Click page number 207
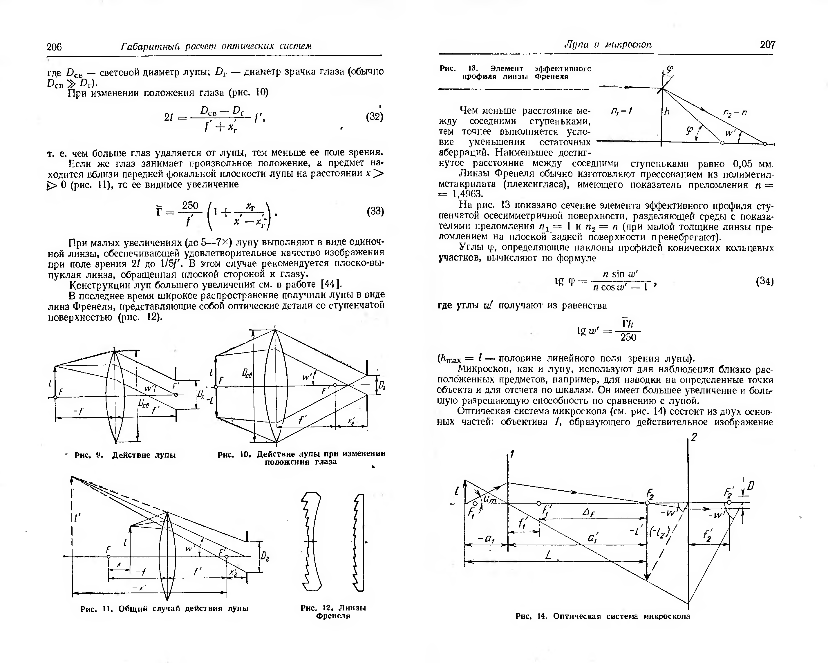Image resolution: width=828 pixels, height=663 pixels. pos(767,45)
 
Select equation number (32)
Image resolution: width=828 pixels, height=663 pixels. pos(375,116)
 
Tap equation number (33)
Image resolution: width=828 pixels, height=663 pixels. pos(375,211)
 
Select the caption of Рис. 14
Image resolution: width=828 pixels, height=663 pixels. pos(603,616)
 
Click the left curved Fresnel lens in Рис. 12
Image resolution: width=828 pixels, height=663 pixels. pos(312,542)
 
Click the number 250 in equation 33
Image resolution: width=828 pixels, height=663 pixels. pos(190,205)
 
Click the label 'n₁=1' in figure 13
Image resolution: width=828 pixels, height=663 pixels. pos(622,111)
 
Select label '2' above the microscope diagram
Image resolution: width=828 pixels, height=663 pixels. pos(694,438)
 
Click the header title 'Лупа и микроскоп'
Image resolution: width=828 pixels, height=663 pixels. pos(608,45)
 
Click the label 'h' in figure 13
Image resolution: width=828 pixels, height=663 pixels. pos(667,111)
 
